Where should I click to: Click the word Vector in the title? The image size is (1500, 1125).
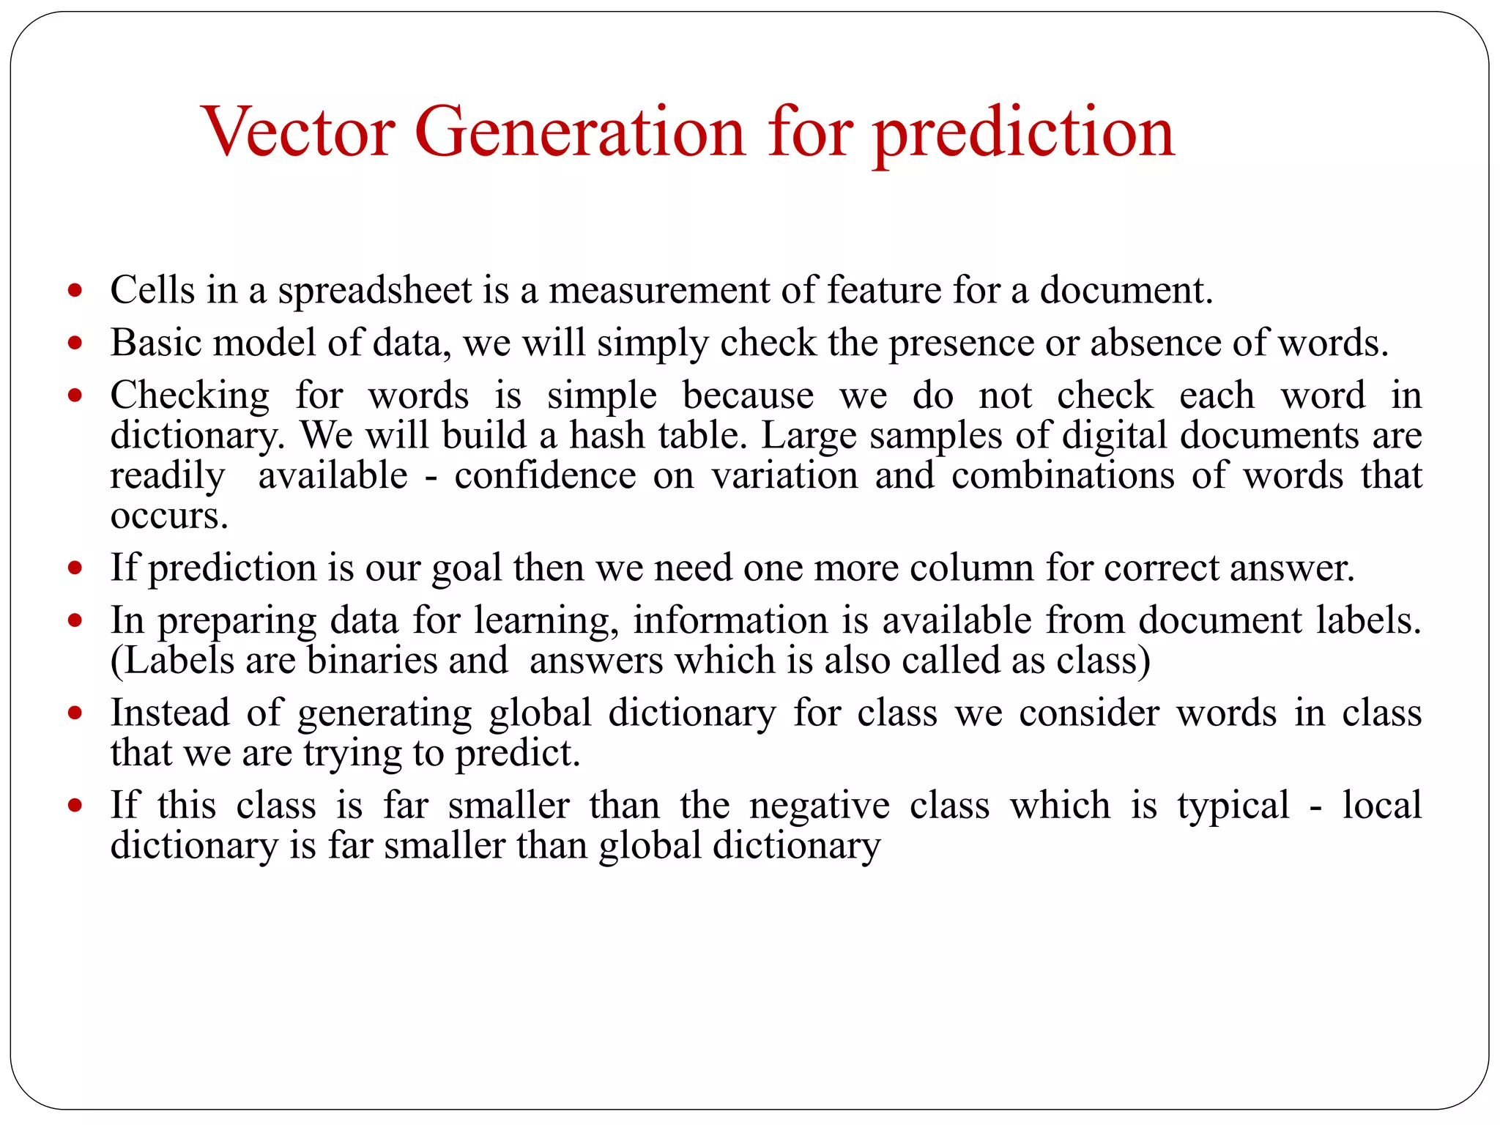point(298,132)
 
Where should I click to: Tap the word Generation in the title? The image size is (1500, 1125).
point(579,132)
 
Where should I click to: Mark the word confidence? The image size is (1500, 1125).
point(545,475)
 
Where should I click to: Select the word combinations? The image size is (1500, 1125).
point(1063,475)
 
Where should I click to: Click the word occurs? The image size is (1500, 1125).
point(169,516)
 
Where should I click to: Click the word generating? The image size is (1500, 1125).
point(385,713)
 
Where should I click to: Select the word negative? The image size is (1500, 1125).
point(819,806)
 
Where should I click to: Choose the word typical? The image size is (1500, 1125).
point(1233,806)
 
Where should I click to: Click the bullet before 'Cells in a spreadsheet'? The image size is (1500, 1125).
point(75,291)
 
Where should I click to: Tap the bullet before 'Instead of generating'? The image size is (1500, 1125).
point(75,713)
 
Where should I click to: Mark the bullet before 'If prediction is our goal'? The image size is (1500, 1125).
point(75,568)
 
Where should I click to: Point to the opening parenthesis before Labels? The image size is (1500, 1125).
point(116,661)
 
